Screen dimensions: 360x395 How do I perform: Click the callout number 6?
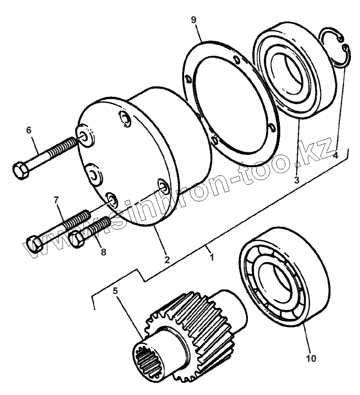pos(29,130)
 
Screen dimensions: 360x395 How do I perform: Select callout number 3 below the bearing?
pos(297,180)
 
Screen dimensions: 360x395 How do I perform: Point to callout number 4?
pos(335,155)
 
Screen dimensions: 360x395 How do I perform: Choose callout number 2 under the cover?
pos(166,259)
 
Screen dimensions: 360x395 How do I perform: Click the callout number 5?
pos(115,291)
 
